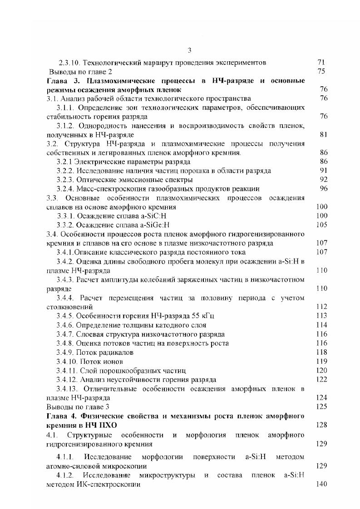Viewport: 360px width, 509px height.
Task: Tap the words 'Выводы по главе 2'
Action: click(80, 71)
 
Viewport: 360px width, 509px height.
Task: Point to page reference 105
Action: click(321, 225)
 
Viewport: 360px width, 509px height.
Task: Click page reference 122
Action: click(321, 379)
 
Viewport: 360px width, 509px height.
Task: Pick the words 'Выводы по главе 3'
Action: click(79, 406)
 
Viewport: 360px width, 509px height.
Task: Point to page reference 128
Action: click(321, 425)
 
